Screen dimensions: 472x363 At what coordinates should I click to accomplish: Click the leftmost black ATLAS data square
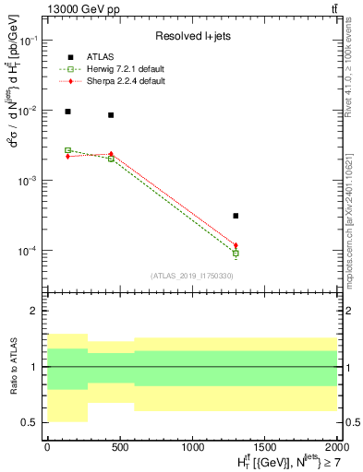coord(67,112)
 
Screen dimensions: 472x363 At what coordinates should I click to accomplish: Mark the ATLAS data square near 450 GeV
coord(111,115)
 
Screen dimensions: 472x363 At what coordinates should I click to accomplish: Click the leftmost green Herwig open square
coord(67,150)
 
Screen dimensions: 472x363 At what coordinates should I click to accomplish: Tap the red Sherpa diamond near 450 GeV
coord(111,154)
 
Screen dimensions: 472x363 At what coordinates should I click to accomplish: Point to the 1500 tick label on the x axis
coord(264,445)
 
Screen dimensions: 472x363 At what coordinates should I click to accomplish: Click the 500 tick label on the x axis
coord(119,445)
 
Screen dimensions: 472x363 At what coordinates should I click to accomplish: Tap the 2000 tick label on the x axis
coord(336,445)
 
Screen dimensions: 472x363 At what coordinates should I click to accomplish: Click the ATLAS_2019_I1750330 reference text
coord(191,276)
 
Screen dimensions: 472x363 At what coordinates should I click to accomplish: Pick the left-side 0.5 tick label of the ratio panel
coord(32,422)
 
